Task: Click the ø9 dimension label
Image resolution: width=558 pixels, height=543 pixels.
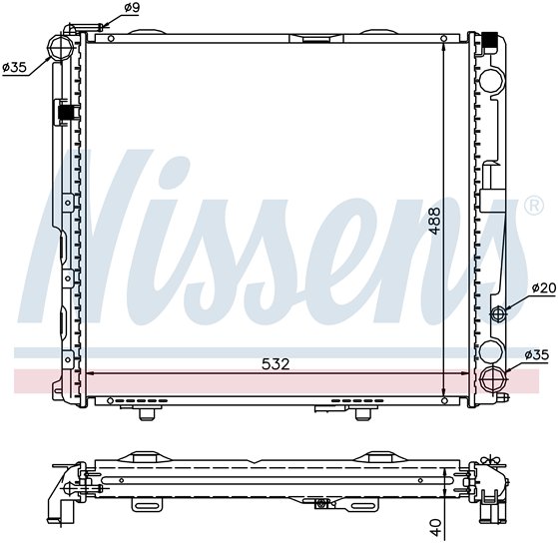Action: pos(132,7)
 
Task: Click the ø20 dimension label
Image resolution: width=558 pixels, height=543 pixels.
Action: pos(544,287)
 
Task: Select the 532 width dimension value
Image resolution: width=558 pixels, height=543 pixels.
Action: pos(276,364)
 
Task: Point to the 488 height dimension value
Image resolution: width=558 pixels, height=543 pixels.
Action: pos(434,221)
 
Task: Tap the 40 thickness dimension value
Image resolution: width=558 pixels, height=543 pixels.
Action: pos(436,527)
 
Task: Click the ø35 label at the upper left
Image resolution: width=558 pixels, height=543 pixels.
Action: pos(15,67)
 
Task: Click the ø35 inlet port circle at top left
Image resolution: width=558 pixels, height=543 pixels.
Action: pos(61,47)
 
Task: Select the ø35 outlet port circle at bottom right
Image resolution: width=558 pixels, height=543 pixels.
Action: pos(492,379)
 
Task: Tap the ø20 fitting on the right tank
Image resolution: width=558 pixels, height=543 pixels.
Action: pos(498,313)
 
